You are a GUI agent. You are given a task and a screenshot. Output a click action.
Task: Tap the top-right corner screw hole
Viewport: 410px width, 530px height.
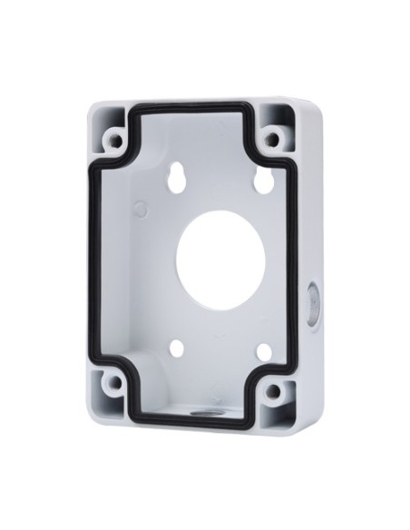pyautogui.click(x=271, y=140)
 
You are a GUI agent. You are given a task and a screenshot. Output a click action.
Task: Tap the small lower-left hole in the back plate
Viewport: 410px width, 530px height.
pyautogui.click(x=177, y=348)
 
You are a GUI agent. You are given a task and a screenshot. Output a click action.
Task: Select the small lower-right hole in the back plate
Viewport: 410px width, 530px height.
pyautogui.click(x=263, y=353)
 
